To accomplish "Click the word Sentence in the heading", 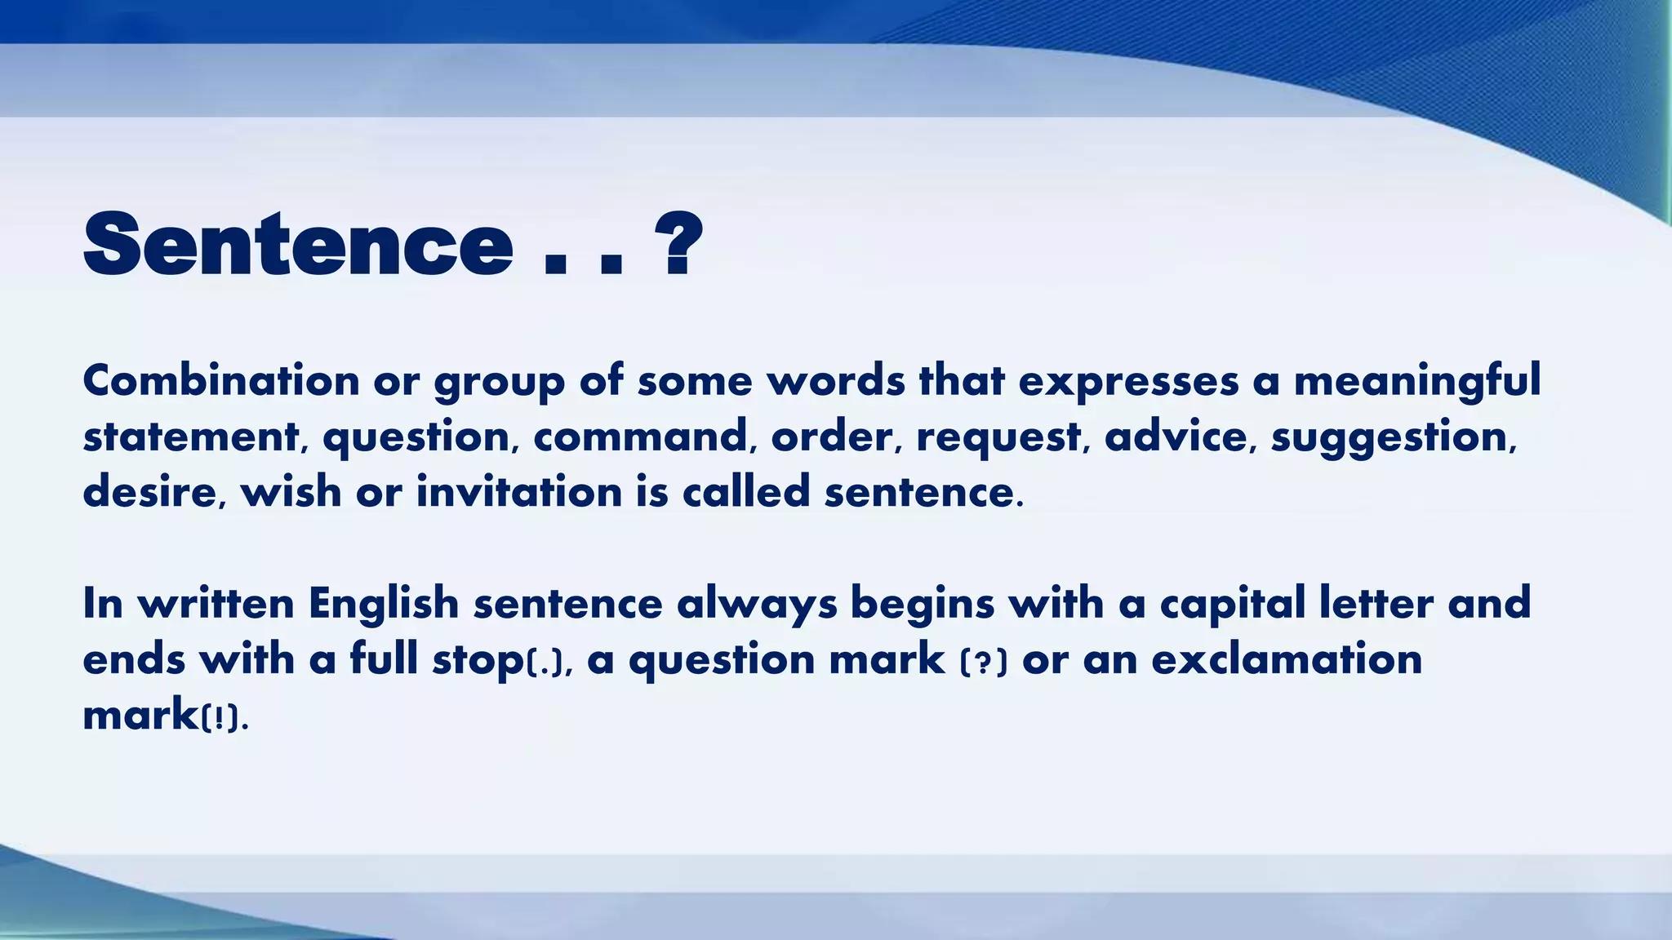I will pyautogui.click(x=298, y=245).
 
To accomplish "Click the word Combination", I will pyautogui.click(x=221, y=381).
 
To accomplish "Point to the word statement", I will pyautogui.click(x=191, y=437).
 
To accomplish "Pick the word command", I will pyautogui.click(x=640, y=437).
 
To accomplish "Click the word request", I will pyautogui.click(x=998, y=438).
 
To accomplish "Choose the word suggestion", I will pyautogui.click(x=1389, y=438).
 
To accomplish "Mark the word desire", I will pyautogui.click(x=149, y=492).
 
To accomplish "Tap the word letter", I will pyautogui.click(x=1376, y=604).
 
